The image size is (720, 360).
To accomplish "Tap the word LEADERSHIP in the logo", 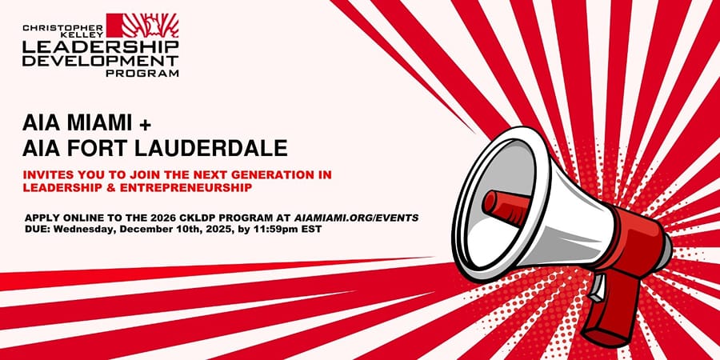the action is [x=101, y=47].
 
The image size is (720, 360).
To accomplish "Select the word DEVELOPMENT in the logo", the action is [x=101, y=61].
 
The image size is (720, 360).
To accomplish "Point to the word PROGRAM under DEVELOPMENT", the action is [x=142, y=73].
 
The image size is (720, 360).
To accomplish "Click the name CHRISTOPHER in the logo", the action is [x=63, y=28].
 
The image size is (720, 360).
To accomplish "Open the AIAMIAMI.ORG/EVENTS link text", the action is [x=355, y=218].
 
